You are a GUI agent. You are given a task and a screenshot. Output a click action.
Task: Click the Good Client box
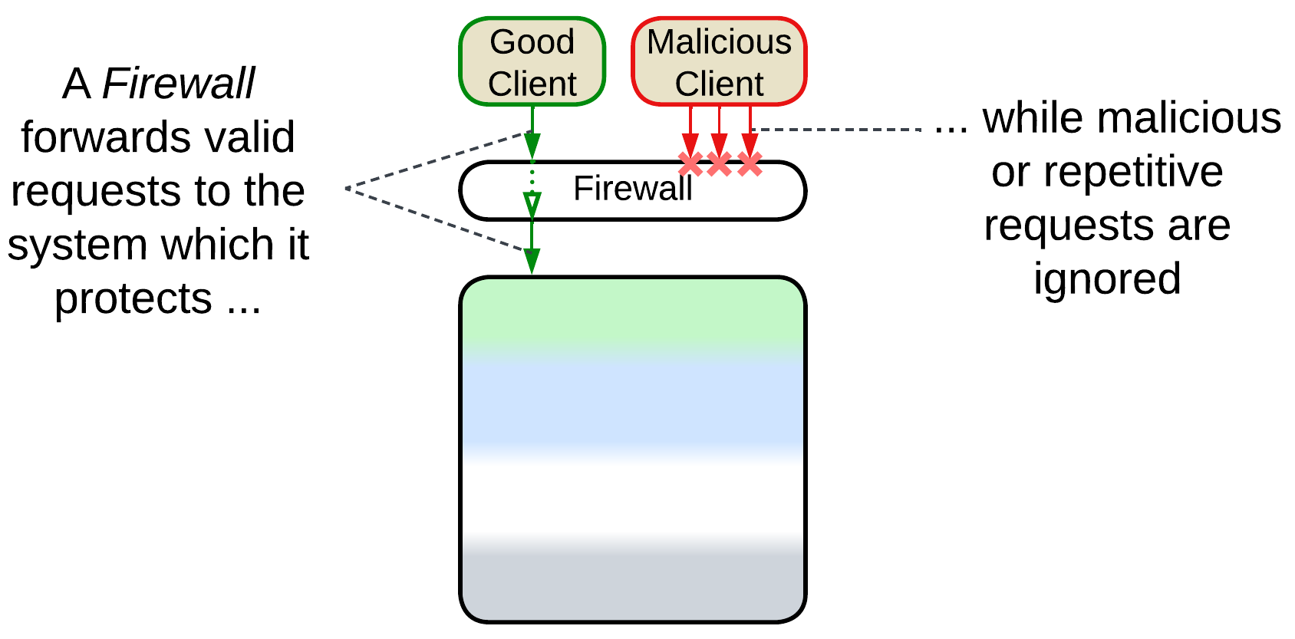point(532,62)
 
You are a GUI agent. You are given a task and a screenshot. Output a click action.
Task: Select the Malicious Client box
point(719,62)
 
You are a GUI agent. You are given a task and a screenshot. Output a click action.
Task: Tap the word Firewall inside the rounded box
point(632,189)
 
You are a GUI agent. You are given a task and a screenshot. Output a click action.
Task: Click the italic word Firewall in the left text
point(178,84)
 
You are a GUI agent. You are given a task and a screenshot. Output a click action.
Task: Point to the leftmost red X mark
point(690,163)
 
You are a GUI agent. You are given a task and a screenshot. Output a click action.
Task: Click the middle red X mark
point(719,163)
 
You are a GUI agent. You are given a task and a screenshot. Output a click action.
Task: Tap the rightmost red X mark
point(750,163)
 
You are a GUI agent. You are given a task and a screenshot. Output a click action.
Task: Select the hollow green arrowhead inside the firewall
point(532,204)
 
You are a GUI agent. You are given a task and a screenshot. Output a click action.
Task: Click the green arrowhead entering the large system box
point(532,261)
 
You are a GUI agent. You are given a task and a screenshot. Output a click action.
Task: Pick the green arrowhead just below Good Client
point(532,145)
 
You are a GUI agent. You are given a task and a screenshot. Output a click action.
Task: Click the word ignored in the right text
point(1107,280)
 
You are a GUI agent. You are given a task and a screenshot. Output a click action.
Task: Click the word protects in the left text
point(133,299)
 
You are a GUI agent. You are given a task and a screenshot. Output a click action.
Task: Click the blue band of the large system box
point(632,403)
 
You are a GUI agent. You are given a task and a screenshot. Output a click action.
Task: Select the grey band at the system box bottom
point(632,587)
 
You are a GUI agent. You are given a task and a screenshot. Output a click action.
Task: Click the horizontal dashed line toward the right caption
point(836,130)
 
